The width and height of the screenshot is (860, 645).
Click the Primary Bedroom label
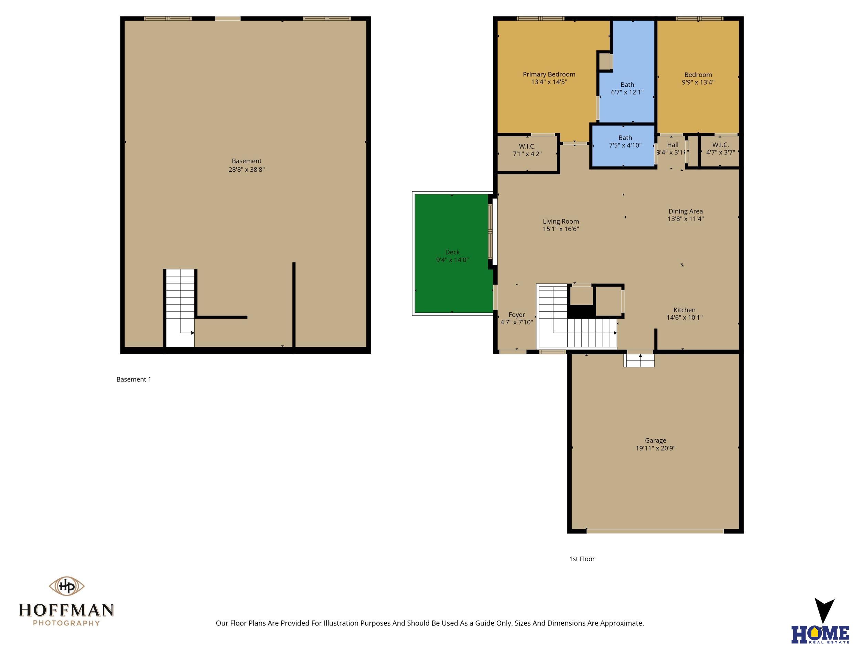pyautogui.click(x=549, y=74)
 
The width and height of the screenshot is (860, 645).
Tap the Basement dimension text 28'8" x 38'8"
pyautogui.click(x=247, y=170)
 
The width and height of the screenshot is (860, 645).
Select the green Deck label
pyautogui.click(x=452, y=252)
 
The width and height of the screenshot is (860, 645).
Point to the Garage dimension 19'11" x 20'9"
pyautogui.click(x=656, y=448)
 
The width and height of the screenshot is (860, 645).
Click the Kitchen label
pyautogui.click(x=684, y=310)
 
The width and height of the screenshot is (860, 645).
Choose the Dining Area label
pyautogui.click(x=686, y=211)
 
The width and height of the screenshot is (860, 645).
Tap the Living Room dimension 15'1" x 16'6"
pyautogui.click(x=561, y=229)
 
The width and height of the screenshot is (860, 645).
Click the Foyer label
pyautogui.click(x=517, y=314)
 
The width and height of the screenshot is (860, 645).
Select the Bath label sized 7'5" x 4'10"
pyautogui.click(x=625, y=138)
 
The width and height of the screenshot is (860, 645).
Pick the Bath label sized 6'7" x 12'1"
pyautogui.click(x=627, y=84)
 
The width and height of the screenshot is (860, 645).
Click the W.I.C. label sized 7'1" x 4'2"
pyautogui.click(x=527, y=146)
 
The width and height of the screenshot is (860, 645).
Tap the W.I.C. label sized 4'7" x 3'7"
pyautogui.click(x=720, y=144)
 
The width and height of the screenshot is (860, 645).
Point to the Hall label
pyautogui.click(x=673, y=144)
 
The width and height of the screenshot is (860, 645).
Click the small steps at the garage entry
pyautogui.click(x=639, y=359)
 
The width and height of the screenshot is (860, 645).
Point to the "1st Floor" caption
pyautogui.click(x=582, y=559)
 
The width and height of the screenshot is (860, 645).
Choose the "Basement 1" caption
pyautogui.click(x=134, y=379)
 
